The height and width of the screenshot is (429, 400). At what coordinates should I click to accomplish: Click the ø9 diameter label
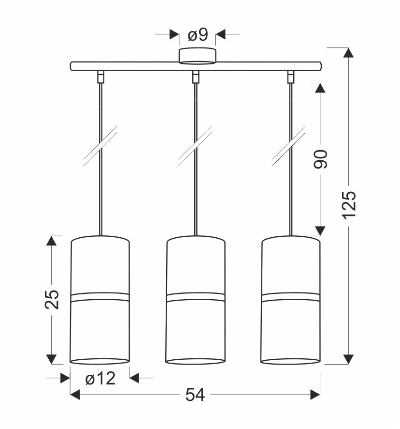pos(198,35)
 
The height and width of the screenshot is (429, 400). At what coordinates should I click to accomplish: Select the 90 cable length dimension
pos(320,159)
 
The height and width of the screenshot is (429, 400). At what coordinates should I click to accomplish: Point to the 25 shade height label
pos(52,299)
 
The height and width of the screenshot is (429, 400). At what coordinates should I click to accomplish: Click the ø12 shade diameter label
pos(100,379)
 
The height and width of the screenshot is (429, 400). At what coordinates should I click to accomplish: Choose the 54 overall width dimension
pos(195,395)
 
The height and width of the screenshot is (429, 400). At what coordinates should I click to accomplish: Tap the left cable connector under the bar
pos(101,77)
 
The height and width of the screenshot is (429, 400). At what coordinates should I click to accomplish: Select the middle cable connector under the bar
pos(196,77)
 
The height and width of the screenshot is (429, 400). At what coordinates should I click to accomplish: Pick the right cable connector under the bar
pos(291,77)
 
